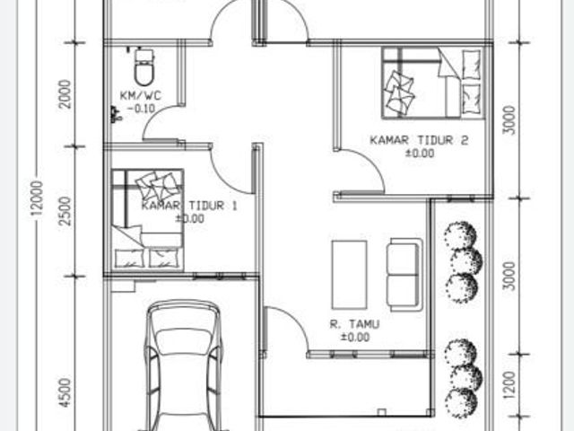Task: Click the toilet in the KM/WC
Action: (x=143, y=67)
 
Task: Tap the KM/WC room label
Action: (x=141, y=96)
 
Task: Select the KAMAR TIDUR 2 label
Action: (x=419, y=140)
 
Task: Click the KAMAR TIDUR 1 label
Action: (x=189, y=206)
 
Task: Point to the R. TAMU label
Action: (x=354, y=324)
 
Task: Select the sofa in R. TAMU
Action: (x=404, y=275)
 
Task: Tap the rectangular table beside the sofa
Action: (x=349, y=275)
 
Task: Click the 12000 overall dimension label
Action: (x=37, y=200)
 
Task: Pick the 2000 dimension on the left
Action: (x=65, y=93)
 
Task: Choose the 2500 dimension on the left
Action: (x=65, y=211)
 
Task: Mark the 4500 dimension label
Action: (x=65, y=393)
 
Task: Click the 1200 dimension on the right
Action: (x=509, y=385)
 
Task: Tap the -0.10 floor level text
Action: (x=142, y=109)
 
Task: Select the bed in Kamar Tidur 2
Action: (x=433, y=84)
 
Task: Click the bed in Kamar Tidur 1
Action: (x=147, y=220)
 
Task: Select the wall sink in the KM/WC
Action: (x=115, y=114)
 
